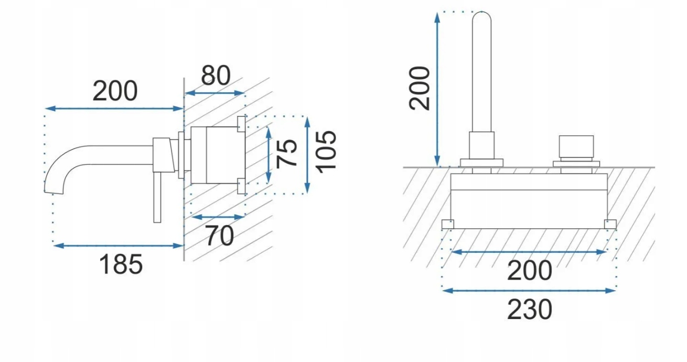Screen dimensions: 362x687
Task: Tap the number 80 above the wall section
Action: click(x=216, y=76)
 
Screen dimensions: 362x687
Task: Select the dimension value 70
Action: click(x=219, y=236)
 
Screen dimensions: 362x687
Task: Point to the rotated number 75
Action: click(x=287, y=153)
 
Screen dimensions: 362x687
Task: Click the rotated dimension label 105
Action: click(x=326, y=151)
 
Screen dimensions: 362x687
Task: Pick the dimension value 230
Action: click(x=530, y=310)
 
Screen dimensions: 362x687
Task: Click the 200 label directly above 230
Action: click(x=530, y=271)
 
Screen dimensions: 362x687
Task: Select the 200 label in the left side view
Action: click(x=115, y=91)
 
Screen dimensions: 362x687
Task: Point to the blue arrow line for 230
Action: click(x=529, y=290)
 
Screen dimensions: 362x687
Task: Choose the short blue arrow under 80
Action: click(x=216, y=93)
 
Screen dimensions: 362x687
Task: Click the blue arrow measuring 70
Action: click(x=218, y=216)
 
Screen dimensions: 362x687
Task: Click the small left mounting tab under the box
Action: click(x=447, y=224)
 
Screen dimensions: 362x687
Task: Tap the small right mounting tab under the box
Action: click(x=610, y=224)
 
